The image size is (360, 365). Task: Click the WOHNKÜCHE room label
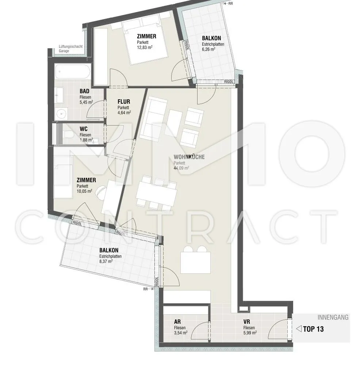click(x=189, y=157)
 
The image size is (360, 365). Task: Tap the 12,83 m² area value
click(x=145, y=47)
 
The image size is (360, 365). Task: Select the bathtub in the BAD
click(x=73, y=72)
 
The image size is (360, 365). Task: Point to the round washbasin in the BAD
click(x=62, y=114)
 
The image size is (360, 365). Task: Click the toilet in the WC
click(x=69, y=135)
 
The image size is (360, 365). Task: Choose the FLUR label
click(x=124, y=102)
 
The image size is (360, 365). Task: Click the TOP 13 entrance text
click(x=313, y=329)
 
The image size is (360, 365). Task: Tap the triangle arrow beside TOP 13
click(x=299, y=329)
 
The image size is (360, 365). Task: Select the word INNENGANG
click(x=333, y=317)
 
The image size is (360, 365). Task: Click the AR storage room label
click(x=177, y=322)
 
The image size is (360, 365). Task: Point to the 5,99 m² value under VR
click(x=250, y=333)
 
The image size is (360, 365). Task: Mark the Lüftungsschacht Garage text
click(x=70, y=49)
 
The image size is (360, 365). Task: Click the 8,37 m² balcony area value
click(x=106, y=261)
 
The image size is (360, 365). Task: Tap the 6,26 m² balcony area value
click(x=208, y=49)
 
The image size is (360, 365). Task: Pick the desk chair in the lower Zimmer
click(x=102, y=192)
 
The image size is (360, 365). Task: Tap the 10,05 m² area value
click(x=84, y=191)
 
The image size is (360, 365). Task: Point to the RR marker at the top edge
click(x=229, y=4)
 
